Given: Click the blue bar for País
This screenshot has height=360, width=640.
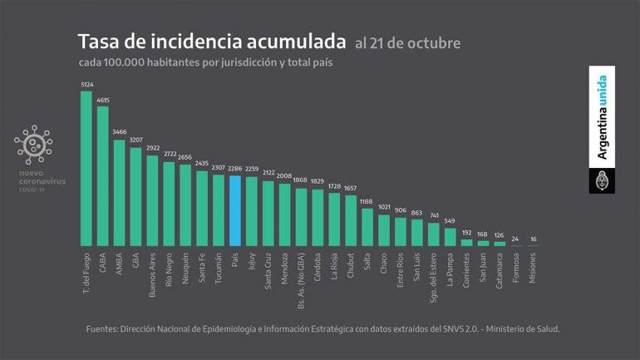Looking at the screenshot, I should [x=235, y=211].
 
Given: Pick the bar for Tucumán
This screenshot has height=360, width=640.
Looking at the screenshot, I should [x=219, y=210].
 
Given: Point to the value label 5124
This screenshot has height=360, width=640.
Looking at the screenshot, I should [x=86, y=84].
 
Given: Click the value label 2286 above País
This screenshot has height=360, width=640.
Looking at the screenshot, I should [x=235, y=169].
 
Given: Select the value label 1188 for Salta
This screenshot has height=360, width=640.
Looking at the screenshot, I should [x=367, y=201].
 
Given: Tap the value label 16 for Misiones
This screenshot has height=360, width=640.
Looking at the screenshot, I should [x=533, y=239].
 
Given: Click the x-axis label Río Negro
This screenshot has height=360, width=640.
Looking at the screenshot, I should [x=170, y=269].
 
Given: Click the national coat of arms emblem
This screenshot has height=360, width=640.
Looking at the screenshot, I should [x=602, y=180].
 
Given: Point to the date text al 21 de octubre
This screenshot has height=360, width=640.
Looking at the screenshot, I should [x=406, y=42].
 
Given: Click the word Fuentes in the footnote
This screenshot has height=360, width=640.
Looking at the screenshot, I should [x=105, y=329].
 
